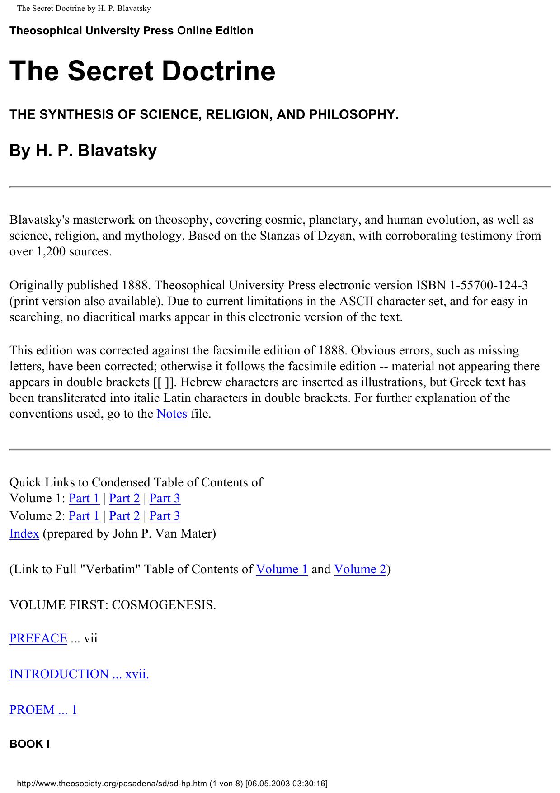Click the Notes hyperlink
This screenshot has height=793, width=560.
click(x=172, y=414)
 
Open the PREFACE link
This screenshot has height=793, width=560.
click(x=38, y=638)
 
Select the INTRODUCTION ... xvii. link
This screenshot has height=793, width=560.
click(x=79, y=674)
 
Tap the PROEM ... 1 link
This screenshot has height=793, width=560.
click(x=43, y=710)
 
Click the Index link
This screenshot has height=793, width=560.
click(x=24, y=533)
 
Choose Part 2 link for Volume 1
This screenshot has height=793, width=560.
click(x=124, y=498)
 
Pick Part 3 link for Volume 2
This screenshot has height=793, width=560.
click(x=165, y=516)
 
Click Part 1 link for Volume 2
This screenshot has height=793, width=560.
click(x=84, y=516)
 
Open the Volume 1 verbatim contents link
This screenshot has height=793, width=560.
click(x=282, y=569)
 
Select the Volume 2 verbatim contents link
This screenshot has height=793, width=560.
click(x=360, y=569)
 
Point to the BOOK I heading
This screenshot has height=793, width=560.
click(x=29, y=744)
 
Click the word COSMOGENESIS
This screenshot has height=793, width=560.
click(x=164, y=605)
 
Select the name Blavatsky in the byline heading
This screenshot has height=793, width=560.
click(x=117, y=151)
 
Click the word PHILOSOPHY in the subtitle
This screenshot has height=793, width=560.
click(x=353, y=115)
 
